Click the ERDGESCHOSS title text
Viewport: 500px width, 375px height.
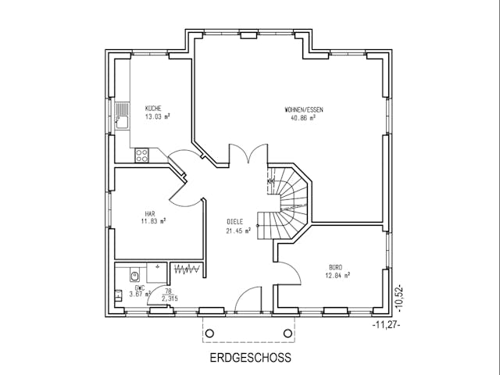(250, 359)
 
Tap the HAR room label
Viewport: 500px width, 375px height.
(149, 212)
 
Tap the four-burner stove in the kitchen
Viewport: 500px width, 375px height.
(142, 155)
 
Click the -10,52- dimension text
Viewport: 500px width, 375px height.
(398, 298)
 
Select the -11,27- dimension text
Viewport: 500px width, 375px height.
(386, 323)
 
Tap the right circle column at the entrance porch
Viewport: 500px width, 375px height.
(287, 334)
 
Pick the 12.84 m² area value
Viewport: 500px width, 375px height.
(337, 274)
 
